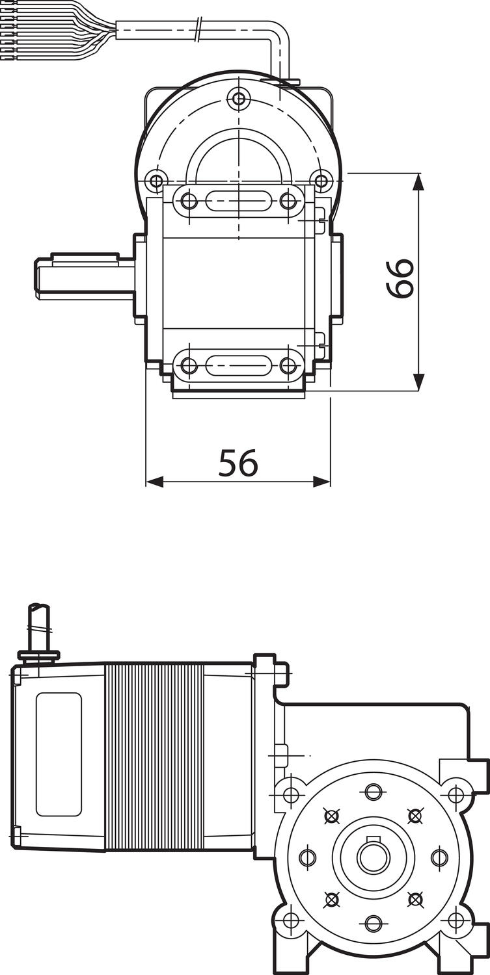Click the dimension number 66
tap(400, 278)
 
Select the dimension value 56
tap(238, 463)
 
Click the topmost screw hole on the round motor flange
tap(239, 99)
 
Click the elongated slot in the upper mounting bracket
tap(238, 201)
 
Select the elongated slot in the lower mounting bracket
tap(238, 365)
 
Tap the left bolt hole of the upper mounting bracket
tap(189, 201)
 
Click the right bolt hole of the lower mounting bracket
tap(288, 365)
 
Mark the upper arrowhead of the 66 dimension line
tap(418, 182)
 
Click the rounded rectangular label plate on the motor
tap(59, 754)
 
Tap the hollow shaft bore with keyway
tap(373, 857)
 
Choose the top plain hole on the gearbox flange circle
tap(373, 792)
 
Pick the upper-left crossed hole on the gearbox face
tap(332, 815)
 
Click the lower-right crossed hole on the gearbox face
tap(415, 899)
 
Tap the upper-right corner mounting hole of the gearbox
tap(456, 794)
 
